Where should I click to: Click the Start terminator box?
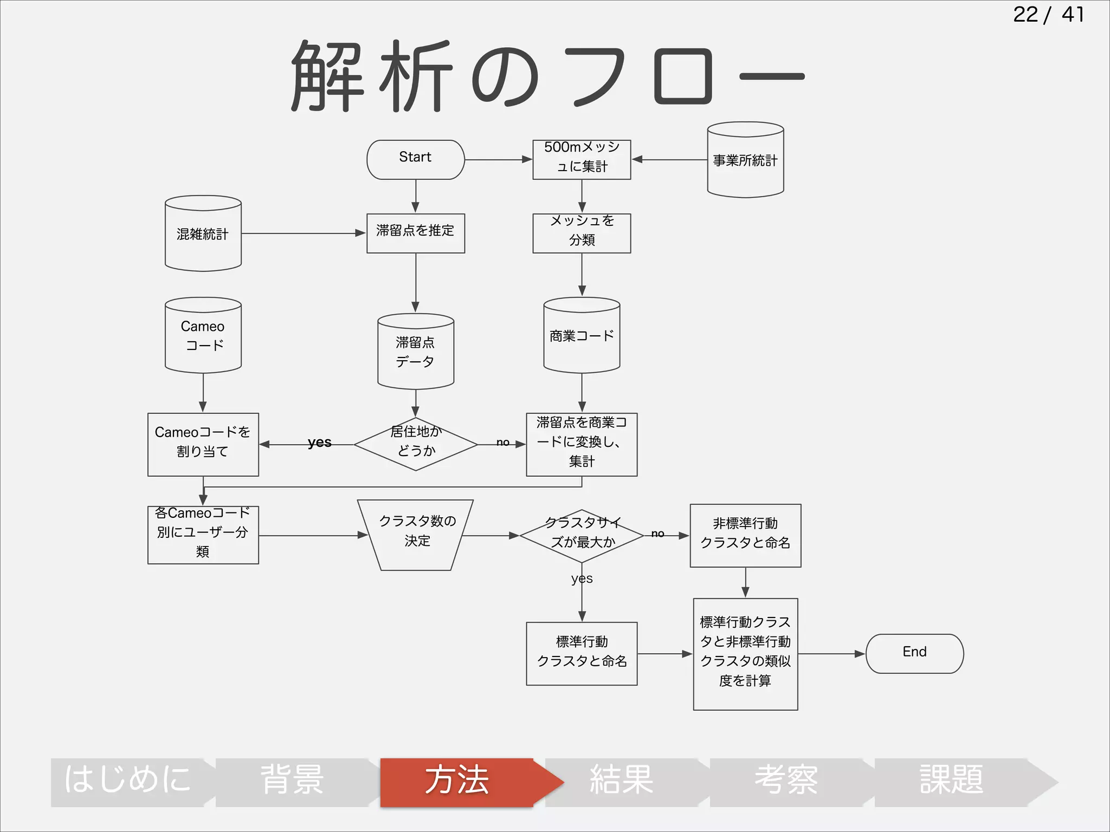pyautogui.click(x=415, y=159)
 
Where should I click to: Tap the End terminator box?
pyautogui.click(x=914, y=653)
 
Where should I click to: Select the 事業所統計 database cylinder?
pyautogui.click(x=745, y=160)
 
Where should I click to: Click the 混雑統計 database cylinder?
pyautogui.click(x=203, y=234)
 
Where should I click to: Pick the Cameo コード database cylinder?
pyautogui.click(x=203, y=336)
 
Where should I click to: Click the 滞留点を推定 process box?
pyautogui.click(x=415, y=233)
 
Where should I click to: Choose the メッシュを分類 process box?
pyautogui.click(x=582, y=233)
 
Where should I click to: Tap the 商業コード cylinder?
pyautogui.click(x=582, y=336)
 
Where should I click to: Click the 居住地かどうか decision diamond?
pyautogui.click(x=416, y=444)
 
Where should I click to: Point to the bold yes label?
pyautogui.click(x=319, y=442)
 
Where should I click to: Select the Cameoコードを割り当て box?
pyautogui.click(x=203, y=444)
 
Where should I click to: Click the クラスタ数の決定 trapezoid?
pyautogui.click(x=416, y=535)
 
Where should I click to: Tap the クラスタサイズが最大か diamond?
pyautogui.click(x=582, y=535)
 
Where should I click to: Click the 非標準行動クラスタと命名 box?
pyautogui.click(x=745, y=535)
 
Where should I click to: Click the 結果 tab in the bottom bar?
pyautogui.click(x=622, y=782)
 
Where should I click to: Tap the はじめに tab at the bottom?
pyautogui.click(x=128, y=782)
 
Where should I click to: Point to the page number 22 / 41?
pyautogui.click(x=1048, y=15)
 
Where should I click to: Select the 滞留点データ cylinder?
pyautogui.click(x=416, y=352)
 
